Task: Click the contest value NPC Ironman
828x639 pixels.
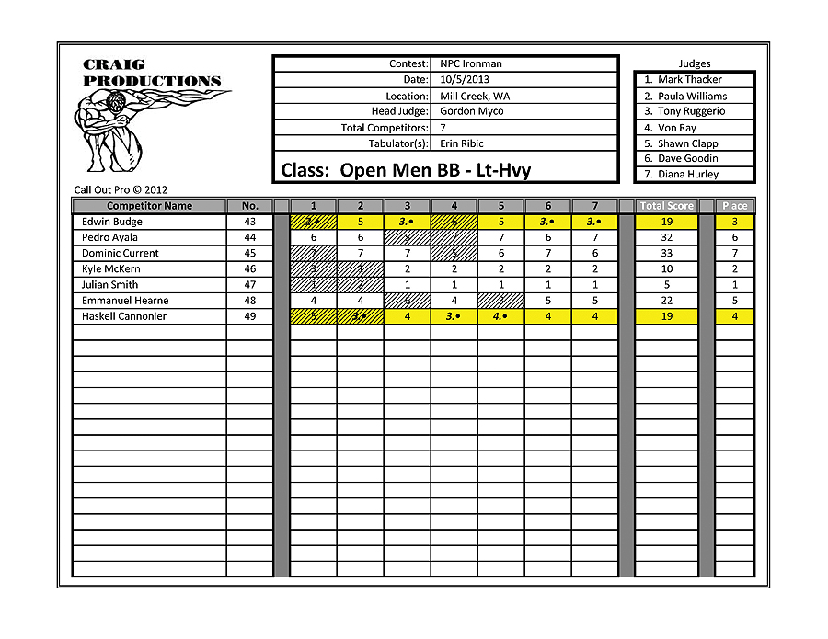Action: tap(470, 64)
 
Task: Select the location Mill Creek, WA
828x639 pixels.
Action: tap(476, 96)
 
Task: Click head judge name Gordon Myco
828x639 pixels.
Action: tap(471, 111)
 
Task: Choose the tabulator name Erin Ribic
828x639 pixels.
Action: tap(461, 143)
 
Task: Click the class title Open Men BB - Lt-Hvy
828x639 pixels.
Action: tap(406, 170)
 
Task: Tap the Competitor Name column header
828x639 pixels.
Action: tap(149, 206)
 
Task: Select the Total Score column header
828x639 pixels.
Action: tap(667, 206)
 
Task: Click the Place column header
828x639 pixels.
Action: tap(735, 206)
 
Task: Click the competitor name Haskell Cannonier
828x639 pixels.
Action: tap(124, 316)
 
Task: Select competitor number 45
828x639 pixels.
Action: tap(250, 253)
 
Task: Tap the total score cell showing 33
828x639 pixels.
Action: tap(667, 253)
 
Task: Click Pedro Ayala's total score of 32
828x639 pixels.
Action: tap(667, 237)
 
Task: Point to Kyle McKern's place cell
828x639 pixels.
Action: tap(735, 269)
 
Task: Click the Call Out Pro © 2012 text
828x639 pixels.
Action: tap(121, 190)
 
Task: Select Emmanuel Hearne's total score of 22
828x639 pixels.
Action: tap(667, 301)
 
